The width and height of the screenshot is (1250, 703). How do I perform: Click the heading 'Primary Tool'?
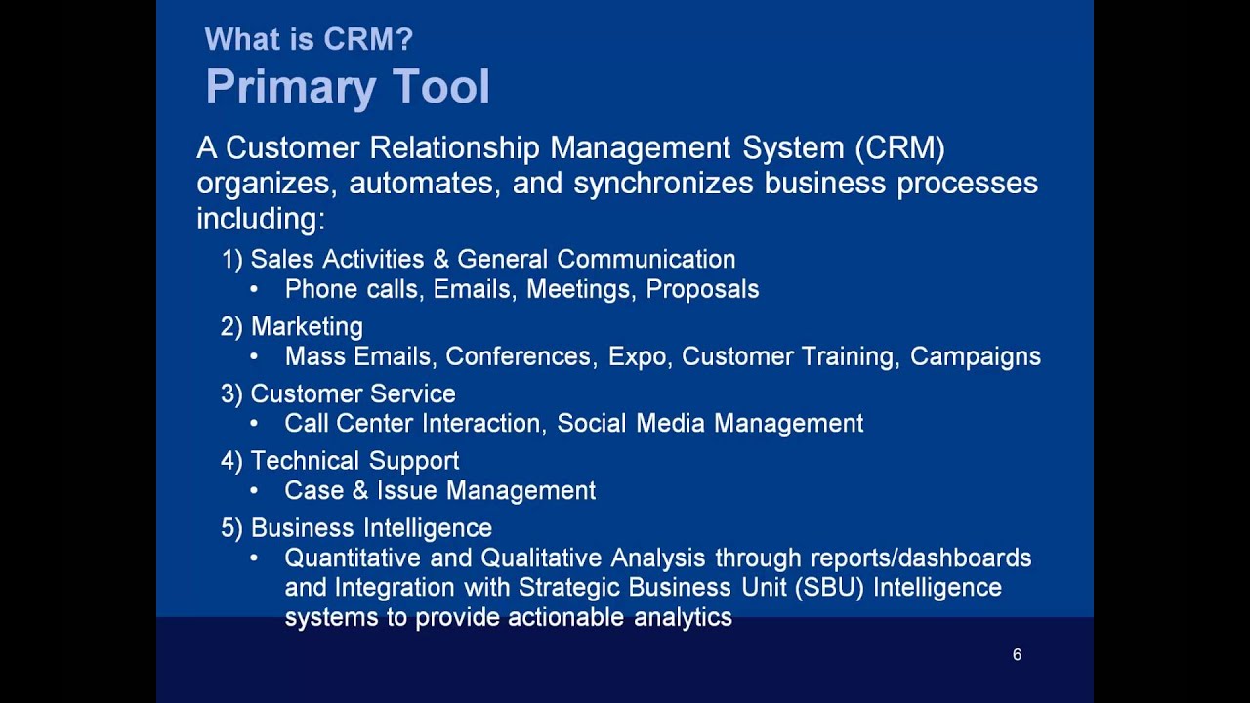(x=347, y=88)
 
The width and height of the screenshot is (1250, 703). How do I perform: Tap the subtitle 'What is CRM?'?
(x=309, y=40)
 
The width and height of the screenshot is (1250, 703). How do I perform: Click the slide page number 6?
(x=1017, y=655)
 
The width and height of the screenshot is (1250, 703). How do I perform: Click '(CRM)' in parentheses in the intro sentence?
(x=899, y=148)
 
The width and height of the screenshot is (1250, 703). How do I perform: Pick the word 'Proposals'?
(x=702, y=290)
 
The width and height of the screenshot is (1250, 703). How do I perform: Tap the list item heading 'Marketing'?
(x=307, y=326)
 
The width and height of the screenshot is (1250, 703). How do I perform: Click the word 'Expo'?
(x=638, y=357)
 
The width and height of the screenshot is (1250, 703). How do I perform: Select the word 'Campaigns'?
(x=975, y=357)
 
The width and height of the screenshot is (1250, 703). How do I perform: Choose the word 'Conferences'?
(x=519, y=357)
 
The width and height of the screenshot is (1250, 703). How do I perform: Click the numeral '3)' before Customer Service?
(x=231, y=393)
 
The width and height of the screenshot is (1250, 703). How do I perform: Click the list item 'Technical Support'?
(x=354, y=461)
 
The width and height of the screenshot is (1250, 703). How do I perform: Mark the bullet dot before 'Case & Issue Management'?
(x=254, y=491)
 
